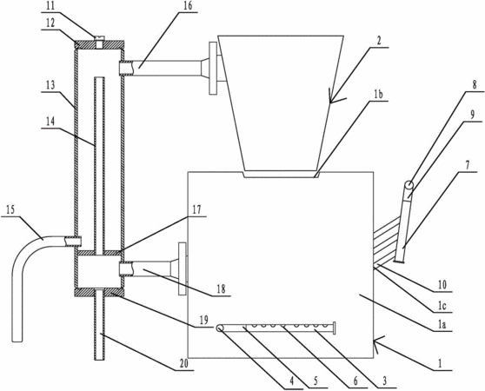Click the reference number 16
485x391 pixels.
188,6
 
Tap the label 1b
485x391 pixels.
378,94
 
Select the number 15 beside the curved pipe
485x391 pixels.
10,209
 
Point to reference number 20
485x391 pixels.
183,364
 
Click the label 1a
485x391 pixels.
442,325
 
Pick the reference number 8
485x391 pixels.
475,84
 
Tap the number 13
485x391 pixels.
51,85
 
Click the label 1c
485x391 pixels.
442,306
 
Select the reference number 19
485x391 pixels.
203,320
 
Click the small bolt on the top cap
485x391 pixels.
99,42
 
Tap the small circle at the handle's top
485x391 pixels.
409,185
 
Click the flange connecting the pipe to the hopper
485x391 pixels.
213,69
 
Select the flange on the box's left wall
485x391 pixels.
183,268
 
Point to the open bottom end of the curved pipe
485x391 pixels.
17,341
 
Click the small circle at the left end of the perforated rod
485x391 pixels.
220,328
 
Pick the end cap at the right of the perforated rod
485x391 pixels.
335,328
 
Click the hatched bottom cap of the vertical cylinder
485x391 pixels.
99,293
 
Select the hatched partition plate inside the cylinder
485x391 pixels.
99,253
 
